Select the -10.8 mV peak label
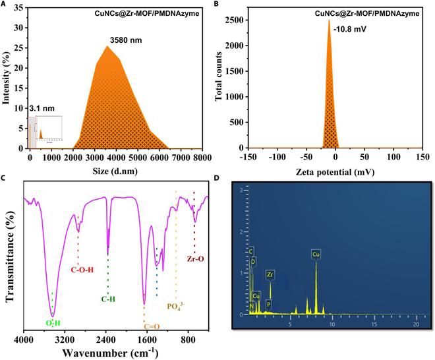point(347,29)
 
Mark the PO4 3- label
point(177,306)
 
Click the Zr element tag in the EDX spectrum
point(270,274)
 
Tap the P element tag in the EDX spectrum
point(268,304)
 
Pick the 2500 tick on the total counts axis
point(237,20)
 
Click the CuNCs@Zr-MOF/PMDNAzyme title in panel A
point(153,12)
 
